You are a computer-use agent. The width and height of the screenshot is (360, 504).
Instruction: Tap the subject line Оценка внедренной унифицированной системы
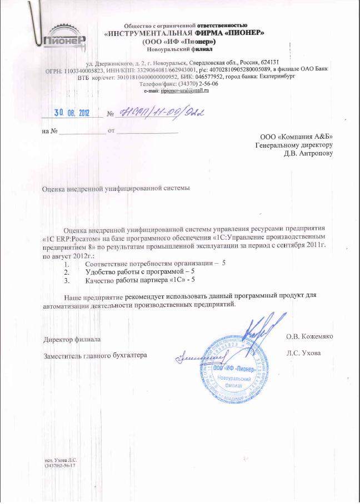117,189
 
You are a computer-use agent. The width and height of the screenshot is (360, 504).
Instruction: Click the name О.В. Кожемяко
309,336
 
